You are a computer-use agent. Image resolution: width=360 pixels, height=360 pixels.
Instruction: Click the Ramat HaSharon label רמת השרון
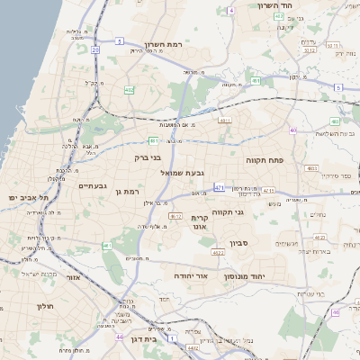point(163,43)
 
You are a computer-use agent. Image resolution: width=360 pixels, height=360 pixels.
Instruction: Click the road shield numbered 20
point(95,50)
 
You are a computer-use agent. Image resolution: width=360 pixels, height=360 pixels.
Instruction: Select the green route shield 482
point(130,90)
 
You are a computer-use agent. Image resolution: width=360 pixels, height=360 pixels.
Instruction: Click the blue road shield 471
point(219,187)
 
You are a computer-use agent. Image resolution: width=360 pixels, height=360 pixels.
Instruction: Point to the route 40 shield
point(292,130)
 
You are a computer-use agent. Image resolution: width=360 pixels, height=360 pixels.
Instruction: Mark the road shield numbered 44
point(119,337)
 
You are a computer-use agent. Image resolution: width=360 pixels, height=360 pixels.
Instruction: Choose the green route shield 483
point(256,81)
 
